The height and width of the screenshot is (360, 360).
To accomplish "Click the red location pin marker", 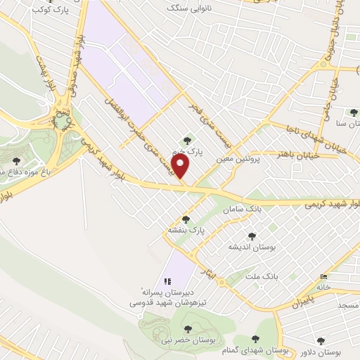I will pos(182,167).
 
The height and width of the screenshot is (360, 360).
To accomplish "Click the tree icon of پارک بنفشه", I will pos(186,219).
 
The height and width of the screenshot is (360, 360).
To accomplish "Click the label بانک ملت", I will pos(262,276).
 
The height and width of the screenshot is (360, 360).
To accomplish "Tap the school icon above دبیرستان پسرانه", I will pos(167,281).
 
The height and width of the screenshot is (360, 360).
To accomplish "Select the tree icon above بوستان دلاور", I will pos(321,340).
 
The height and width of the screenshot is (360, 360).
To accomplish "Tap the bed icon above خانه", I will pos(323,276).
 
